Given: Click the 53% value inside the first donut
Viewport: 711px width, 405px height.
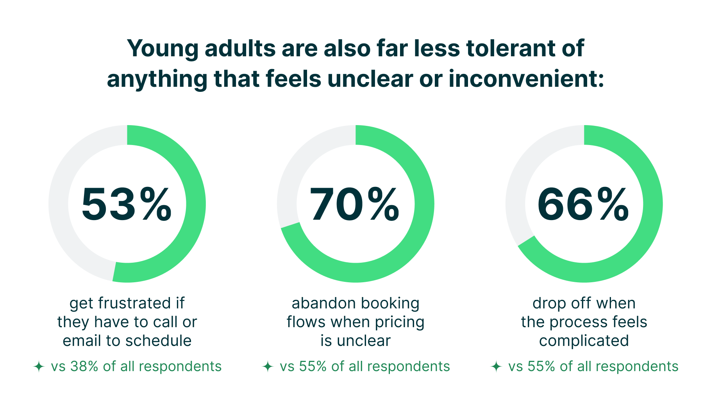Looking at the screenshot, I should coord(127,204).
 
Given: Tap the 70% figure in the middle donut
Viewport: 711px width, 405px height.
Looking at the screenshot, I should coord(355,204).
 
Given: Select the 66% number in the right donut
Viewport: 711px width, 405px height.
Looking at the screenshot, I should coord(583,204).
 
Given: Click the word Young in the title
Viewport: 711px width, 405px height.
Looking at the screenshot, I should coord(162,48).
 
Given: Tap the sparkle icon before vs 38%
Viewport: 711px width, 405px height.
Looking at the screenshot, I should coord(39,367).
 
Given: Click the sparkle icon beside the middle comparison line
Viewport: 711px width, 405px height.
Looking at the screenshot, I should coord(268,367).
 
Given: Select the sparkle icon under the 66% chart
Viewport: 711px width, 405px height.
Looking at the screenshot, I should coord(496,367).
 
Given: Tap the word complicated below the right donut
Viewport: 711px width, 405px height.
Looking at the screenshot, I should coord(584,341).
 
